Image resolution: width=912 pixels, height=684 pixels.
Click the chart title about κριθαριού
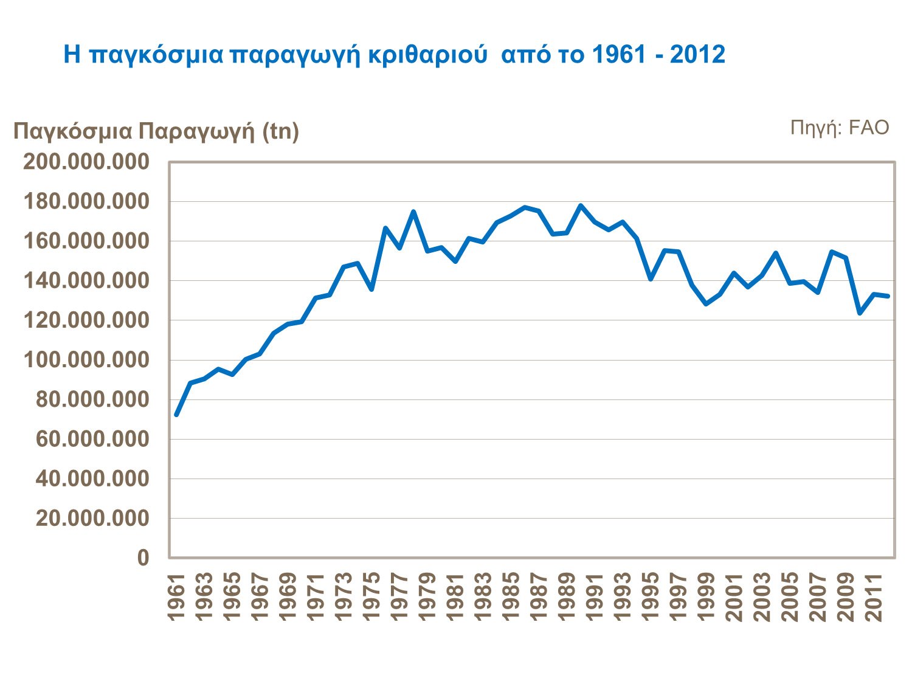[x=394, y=55]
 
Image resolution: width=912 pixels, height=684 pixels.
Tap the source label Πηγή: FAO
[x=839, y=128]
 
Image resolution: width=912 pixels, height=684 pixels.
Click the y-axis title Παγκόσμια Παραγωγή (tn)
[x=156, y=131]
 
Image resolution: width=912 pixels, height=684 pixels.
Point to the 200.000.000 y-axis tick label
[x=86, y=162]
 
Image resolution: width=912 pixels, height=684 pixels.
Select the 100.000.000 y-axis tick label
[x=86, y=360]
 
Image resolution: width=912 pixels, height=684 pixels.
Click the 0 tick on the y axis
[x=143, y=558]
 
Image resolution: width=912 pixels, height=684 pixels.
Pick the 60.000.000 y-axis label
[x=92, y=439]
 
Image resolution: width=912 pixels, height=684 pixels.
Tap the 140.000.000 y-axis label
[x=86, y=281]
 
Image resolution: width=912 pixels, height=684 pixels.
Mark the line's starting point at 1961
[x=176, y=415]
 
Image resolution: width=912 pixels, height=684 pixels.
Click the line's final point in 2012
[x=888, y=296]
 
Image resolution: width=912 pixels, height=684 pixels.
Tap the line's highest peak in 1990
[x=581, y=206]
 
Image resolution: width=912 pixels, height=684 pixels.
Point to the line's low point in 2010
[x=860, y=313]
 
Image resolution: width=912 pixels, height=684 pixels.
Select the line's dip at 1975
[x=371, y=289]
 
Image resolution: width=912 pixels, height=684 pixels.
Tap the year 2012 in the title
[x=698, y=55]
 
